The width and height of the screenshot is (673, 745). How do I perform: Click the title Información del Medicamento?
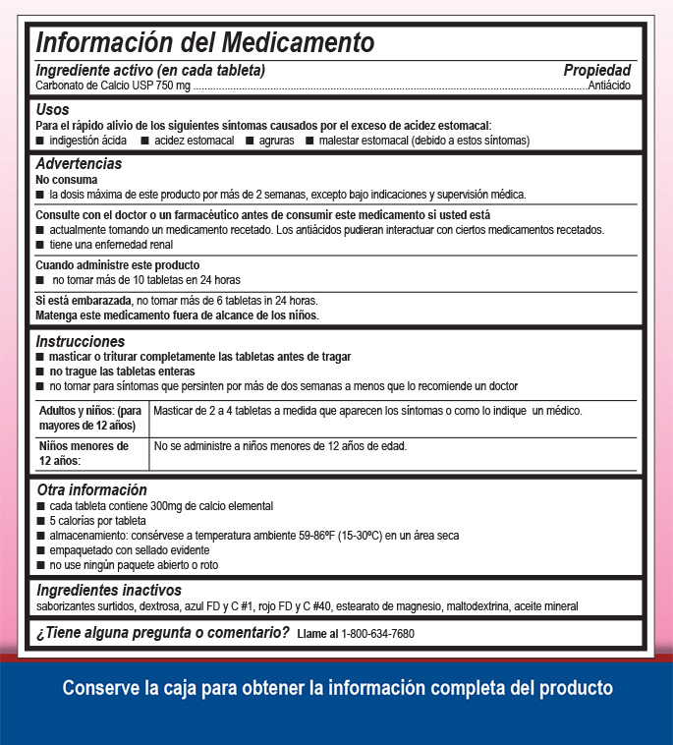pos(205,43)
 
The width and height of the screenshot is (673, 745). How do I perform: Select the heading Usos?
pos(53,110)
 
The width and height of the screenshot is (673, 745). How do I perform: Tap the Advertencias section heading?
pos(79,164)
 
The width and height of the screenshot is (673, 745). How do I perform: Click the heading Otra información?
pos(91,489)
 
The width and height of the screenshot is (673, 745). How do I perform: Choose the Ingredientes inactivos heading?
pos(109,590)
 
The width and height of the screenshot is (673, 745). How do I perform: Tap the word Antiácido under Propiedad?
pos(609,86)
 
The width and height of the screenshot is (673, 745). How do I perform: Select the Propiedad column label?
pos(596,71)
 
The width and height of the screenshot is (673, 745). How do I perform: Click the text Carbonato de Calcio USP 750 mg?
pos(112,86)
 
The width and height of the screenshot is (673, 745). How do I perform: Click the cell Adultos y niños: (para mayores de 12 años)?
pos(89,418)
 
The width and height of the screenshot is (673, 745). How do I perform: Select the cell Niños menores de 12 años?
pos(84,453)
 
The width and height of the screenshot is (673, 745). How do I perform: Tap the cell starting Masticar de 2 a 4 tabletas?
pos(367,411)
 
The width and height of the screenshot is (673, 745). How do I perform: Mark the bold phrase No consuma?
pos(66,181)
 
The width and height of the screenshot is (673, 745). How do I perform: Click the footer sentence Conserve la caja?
pos(337,688)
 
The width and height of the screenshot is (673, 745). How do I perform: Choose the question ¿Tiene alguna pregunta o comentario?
pos(163,633)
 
